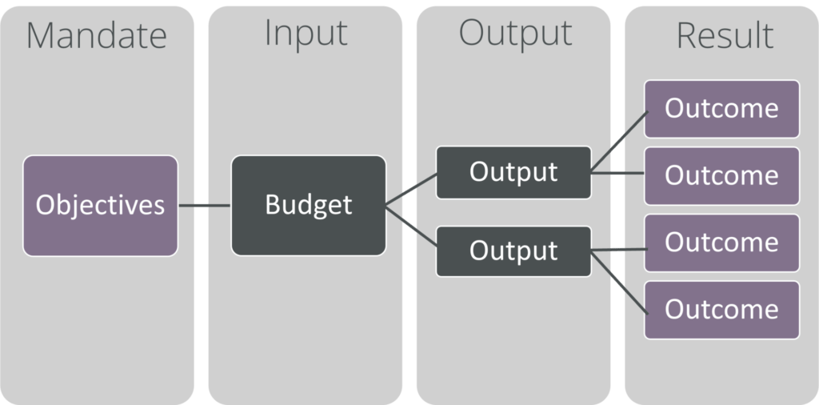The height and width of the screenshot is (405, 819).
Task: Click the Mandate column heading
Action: click(x=97, y=35)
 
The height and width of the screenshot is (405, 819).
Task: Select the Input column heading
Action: click(x=306, y=34)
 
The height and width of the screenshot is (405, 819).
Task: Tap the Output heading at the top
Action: click(x=515, y=34)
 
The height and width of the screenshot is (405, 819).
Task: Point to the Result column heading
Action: click(x=725, y=35)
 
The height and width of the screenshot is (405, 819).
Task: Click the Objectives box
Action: click(x=100, y=206)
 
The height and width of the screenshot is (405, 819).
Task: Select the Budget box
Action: click(x=309, y=206)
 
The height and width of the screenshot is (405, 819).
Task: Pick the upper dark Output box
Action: click(x=513, y=172)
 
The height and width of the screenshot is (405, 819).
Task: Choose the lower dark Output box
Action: click(x=513, y=251)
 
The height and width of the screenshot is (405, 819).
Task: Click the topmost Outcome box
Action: click(x=722, y=109)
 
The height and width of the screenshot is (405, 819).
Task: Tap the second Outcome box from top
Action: click(x=722, y=175)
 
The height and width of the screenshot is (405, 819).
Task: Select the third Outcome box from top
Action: click(x=722, y=243)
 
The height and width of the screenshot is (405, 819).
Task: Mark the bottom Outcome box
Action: click(x=722, y=310)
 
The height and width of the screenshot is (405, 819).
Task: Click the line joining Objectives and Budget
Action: click(x=204, y=206)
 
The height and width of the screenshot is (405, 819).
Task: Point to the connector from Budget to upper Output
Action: click(x=411, y=189)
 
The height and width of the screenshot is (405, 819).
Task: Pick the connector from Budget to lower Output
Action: click(x=411, y=226)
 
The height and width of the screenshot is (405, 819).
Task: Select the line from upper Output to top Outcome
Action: click(x=620, y=141)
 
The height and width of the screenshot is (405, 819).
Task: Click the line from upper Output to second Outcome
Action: click(x=617, y=172)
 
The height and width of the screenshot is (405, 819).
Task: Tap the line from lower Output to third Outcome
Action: click(x=620, y=250)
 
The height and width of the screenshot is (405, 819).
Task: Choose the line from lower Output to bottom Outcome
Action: click(x=620, y=283)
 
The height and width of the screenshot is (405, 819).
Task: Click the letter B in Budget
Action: click(x=274, y=204)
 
